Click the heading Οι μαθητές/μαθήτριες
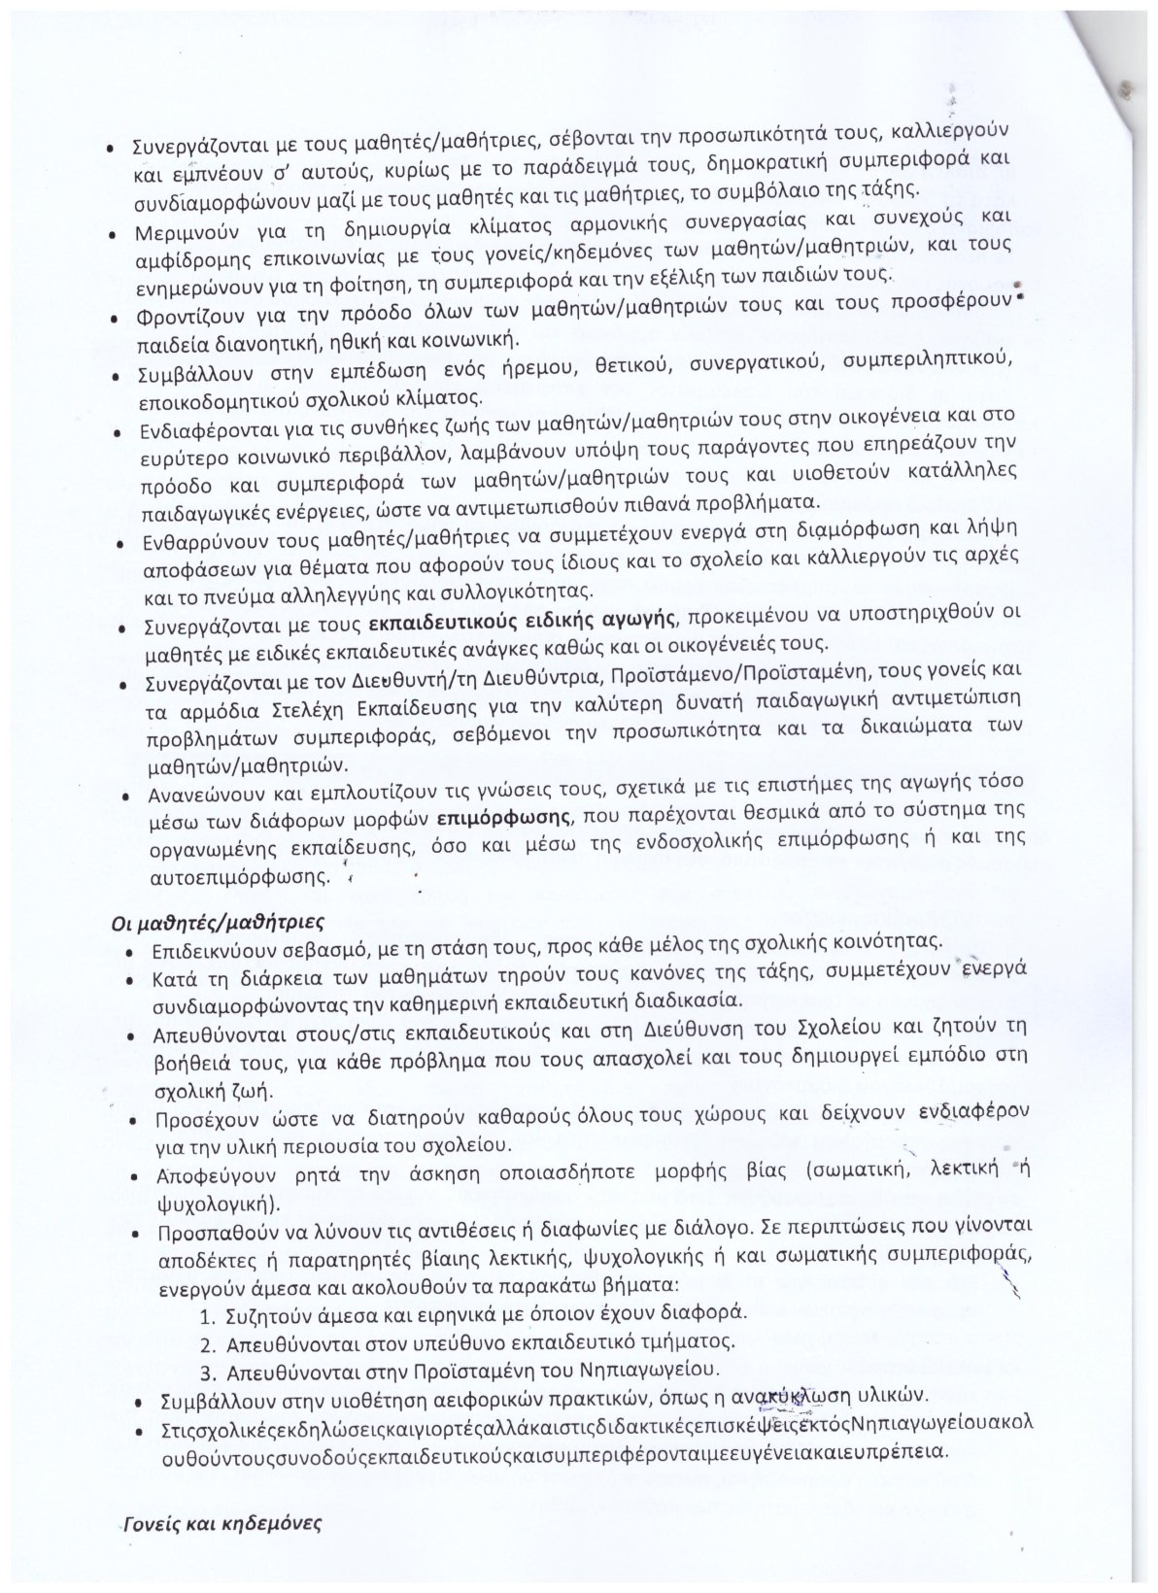tap(217, 922)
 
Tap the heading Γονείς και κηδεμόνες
tap(221, 1521)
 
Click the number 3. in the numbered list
tap(207, 1373)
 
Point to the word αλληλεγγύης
tap(376, 590)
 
